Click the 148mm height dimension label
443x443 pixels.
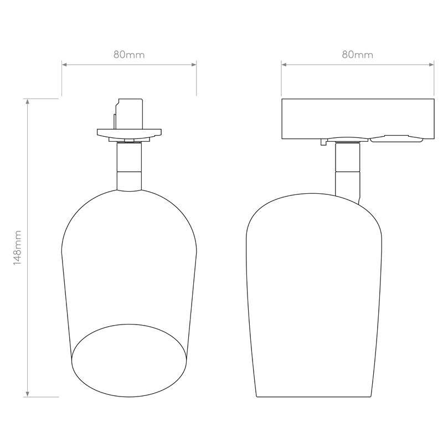pyautogui.click(x=18, y=248)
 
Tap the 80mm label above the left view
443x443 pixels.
pyautogui.click(x=129, y=54)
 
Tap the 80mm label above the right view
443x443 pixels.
pyautogui.click(x=357, y=54)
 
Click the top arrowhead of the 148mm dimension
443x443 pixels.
pyautogui.click(x=27, y=101)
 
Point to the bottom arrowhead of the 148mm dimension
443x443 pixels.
pyautogui.click(x=27, y=394)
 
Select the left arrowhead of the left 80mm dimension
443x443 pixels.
pyautogui.click(x=64, y=65)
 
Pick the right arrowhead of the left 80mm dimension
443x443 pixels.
pyautogui.click(x=194, y=65)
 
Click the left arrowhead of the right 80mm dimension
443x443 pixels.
pyautogui.click(x=284, y=65)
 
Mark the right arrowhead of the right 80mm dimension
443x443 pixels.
pyautogui.click(x=431, y=65)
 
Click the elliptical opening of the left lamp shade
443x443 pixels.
pyautogui.click(x=129, y=324)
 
